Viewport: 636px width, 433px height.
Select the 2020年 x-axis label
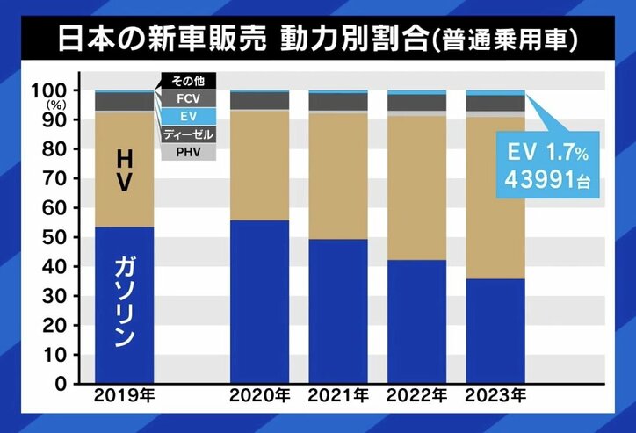coord(259,398)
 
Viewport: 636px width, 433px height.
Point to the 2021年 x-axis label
coord(338,398)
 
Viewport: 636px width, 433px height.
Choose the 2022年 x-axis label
coord(416,398)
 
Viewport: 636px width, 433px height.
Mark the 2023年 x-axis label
coord(495,398)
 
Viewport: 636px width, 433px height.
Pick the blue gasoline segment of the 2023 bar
coord(495,331)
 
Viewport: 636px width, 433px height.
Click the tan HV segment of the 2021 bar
coord(338,176)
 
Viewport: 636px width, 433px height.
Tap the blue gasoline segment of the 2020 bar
coord(259,302)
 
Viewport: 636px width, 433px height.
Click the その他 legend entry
coord(185,83)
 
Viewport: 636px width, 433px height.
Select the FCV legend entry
coord(185,99)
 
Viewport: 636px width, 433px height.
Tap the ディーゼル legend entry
coord(185,134)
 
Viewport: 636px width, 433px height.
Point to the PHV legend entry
coord(185,152)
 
